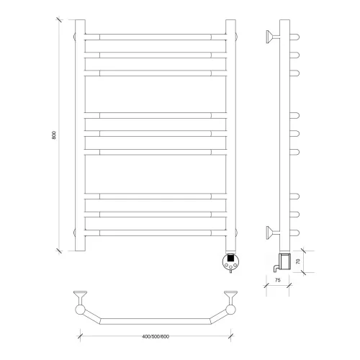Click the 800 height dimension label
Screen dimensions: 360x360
click(54, 135)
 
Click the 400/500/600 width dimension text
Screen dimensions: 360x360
click(156, 336)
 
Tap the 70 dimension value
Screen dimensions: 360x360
click(298, 261)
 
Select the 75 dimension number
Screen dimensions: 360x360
click(277, 280)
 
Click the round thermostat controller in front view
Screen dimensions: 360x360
click(230, 262)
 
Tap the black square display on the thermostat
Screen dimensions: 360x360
click(230, 258)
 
